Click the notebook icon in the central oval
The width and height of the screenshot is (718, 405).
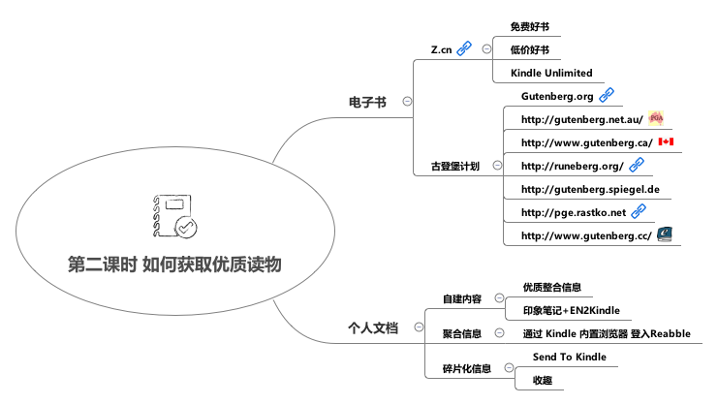[174, 217]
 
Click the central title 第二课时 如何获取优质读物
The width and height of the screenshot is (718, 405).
[175, 264]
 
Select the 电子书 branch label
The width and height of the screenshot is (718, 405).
[367, 100]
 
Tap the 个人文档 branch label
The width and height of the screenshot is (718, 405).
[373, 328]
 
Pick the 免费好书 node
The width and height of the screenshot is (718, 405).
[530, 26]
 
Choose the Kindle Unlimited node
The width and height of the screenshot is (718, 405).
[550, 74]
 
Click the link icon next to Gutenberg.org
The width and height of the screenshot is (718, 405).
[607, 95]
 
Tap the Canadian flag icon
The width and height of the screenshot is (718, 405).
[666, 141]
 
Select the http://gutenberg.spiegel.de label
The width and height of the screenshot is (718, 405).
[589, 189]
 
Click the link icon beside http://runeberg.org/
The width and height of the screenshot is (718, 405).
[637, 165]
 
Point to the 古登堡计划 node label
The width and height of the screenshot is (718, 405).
[454, 166]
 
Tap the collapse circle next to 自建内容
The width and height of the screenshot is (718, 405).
[499, 298]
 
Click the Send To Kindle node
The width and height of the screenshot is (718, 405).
[570, 357]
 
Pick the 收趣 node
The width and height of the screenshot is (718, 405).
[543, 380]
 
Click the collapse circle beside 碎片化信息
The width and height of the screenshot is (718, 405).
[510, 368]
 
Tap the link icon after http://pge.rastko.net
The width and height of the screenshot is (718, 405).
[638, 211]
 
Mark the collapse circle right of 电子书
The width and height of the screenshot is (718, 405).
[407, 100]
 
